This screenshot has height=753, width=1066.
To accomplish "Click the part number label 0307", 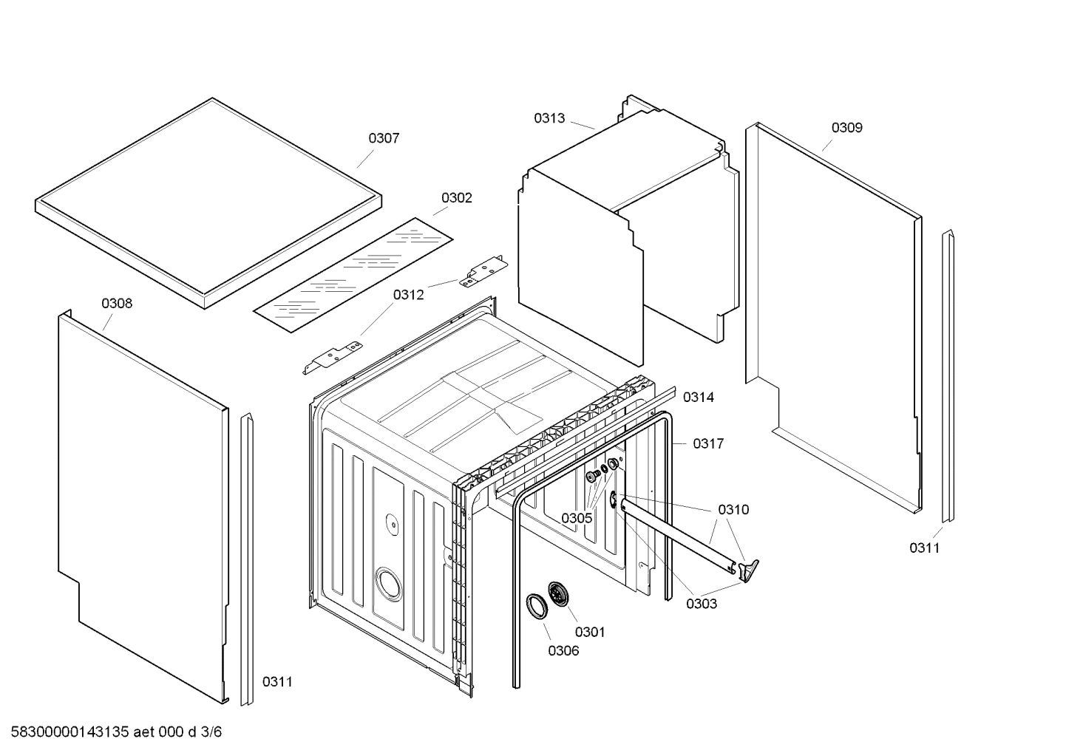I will coord(384,138).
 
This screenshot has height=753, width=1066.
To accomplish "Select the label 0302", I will coord(456,198).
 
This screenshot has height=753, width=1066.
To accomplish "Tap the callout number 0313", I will coord(549,118).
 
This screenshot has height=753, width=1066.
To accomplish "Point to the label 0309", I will coord(846,128).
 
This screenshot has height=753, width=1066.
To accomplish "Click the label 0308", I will coord(117,304).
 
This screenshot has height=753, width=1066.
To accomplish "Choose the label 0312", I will coord(408,295).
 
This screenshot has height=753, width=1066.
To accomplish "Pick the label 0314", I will coord(698,398).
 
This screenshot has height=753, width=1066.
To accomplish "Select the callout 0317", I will coord(707,444).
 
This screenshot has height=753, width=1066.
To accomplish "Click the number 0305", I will coord(576,518).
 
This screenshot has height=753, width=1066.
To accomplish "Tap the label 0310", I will coord(733,510).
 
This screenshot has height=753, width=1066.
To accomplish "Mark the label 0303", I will coord(701,604).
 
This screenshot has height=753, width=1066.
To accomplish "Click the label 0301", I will coord(589,632).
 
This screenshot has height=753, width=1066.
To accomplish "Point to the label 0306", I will coord(563,651).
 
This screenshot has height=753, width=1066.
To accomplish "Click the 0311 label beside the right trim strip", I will coord(924,548).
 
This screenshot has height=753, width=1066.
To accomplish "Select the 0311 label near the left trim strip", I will coord(277,682).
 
